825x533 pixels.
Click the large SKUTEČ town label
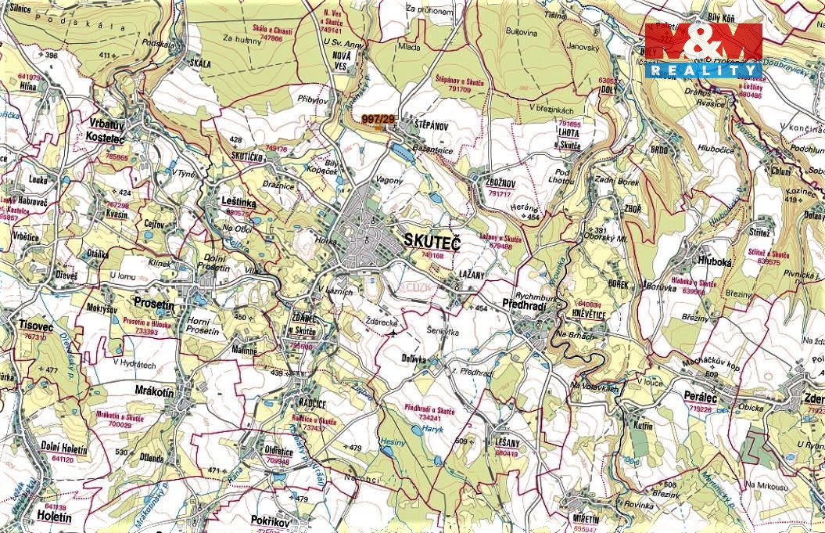pyautogui.click(x=431, y=242)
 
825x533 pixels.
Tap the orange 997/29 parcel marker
pyautogui.click(x=379, y=119)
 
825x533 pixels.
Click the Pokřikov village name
pyautogui.click(x=271, y=520)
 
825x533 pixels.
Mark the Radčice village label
pyautogui.click(x=310, y=402)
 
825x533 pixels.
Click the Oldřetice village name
pyautogui.click(x=278, y=451)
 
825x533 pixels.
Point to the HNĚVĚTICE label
pyautogui.click(x=590, y=314)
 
